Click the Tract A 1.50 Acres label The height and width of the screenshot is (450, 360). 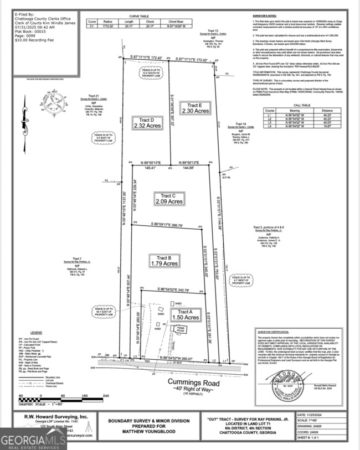tap(185, 314)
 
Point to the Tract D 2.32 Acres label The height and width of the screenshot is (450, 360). tap(147, 123)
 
